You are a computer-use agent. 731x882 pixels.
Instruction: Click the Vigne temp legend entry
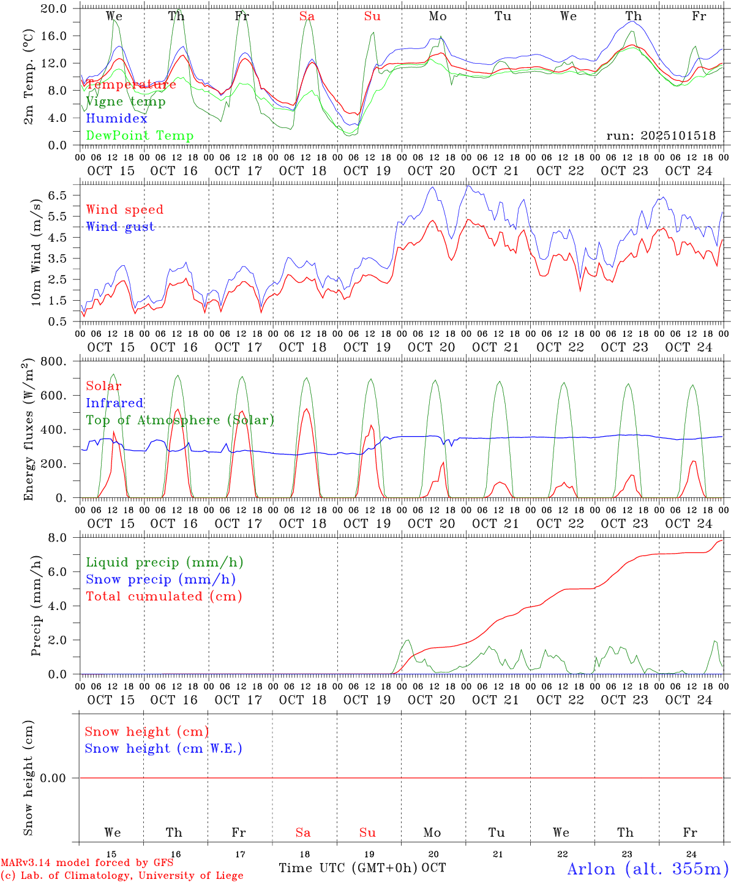(126, 102)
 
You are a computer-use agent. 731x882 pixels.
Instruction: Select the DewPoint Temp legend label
(140, 136)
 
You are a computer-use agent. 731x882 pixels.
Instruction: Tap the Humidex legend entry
(116, 119)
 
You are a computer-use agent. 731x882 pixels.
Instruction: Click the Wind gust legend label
(120, 227)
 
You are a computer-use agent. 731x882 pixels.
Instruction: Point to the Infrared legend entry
(114, 403)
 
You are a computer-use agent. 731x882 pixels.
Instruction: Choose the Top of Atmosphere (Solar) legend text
(180, 420)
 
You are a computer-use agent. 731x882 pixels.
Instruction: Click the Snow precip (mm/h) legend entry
(160, 579)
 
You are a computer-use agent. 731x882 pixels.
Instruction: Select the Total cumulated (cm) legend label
(163, 597)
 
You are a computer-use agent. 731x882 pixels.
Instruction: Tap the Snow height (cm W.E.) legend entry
(163, 748)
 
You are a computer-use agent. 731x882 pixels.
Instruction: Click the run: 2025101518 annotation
(661, 136)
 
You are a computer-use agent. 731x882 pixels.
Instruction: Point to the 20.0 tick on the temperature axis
(54, 9)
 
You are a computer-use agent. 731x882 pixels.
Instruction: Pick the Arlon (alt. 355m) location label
(648, 869)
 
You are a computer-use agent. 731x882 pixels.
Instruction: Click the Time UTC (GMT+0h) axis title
(348, 868)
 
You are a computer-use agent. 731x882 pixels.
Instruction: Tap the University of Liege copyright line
(122, 875)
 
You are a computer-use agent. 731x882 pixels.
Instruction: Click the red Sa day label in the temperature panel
(307, 17)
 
